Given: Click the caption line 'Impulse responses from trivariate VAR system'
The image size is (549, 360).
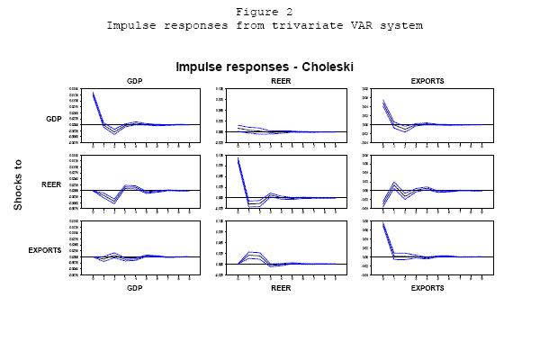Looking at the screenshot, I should tap(265, 24).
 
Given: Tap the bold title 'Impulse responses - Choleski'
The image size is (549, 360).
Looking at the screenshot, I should tap(264, 67).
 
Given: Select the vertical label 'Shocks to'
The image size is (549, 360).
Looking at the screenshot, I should tap(18, 184).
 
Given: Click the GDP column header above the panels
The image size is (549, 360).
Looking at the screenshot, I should tap(135, 81).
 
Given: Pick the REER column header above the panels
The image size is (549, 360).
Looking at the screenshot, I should tap(281, 81).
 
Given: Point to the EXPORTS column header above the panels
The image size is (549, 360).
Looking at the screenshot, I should tap(427, 81).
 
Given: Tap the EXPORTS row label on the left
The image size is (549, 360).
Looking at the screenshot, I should tap(45, 248).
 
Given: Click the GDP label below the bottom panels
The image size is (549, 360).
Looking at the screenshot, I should tap(135, 288).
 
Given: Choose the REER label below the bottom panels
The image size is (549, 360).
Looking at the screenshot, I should tap(281, 288).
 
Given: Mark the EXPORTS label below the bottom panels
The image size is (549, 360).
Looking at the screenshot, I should tap(427, 288).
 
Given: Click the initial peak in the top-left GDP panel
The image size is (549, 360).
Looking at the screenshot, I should tap(93, 93).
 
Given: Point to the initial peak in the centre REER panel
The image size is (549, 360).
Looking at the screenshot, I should tap(238, 159).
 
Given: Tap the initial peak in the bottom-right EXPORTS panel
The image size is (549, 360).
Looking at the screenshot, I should tap(384, 224).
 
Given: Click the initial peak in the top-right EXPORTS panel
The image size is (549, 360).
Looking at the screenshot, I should tap(384, 102).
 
